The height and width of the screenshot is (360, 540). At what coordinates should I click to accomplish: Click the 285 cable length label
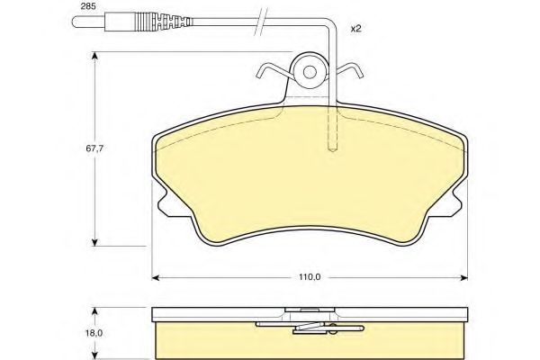88,6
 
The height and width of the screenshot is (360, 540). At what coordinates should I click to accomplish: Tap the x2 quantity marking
355,29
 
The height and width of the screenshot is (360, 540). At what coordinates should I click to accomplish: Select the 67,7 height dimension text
94,148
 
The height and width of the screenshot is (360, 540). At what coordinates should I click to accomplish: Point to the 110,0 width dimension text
310,277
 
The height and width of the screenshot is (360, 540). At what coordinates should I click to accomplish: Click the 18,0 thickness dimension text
94,333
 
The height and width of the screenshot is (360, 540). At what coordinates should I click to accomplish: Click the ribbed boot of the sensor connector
162,22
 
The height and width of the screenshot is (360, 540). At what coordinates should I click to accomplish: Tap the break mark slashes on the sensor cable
261,22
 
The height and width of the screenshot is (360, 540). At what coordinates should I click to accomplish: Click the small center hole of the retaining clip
310,72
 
